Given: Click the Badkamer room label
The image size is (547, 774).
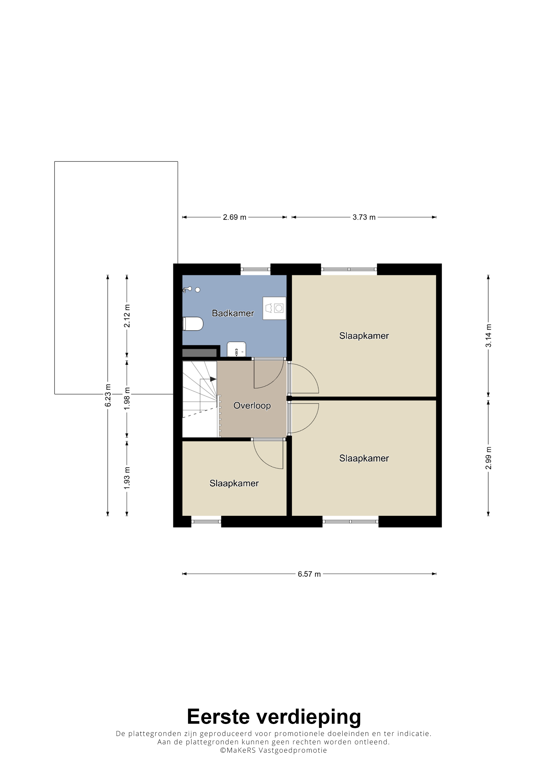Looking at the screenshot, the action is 233,313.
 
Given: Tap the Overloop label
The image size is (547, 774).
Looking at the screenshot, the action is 252,406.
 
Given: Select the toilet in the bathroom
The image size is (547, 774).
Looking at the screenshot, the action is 193,324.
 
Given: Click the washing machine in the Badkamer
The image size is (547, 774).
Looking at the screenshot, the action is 274,308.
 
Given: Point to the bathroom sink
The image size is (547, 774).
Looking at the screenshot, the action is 236,349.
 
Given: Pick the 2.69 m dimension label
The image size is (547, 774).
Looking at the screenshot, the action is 235,217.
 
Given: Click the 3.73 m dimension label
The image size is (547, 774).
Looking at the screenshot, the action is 364,217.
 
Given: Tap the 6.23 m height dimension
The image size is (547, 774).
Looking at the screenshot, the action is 108,395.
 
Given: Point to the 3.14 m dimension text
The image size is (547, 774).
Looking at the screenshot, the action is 488,336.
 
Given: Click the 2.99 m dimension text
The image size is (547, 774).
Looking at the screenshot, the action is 488,458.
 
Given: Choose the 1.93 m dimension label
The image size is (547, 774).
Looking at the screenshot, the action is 127,478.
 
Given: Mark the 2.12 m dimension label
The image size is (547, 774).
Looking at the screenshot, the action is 127,316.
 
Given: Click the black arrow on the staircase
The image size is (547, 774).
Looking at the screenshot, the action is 213,379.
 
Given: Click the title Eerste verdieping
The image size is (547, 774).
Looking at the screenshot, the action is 274,716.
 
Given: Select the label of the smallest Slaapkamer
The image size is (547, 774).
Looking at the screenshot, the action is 234,484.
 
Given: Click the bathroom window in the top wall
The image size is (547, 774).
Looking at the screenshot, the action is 256,269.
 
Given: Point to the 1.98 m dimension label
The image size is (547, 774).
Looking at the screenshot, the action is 127,398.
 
